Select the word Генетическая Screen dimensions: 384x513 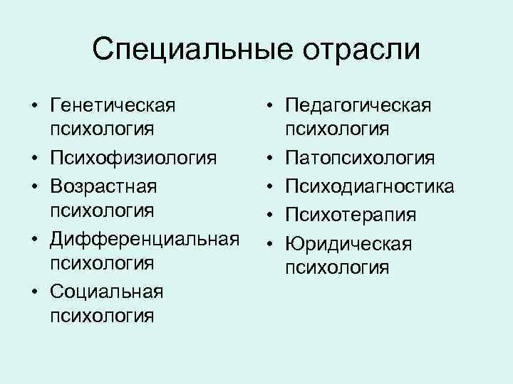click(113, 107)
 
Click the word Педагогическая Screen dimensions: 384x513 click(358, 106)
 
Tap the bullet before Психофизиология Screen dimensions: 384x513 click(33, 156)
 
